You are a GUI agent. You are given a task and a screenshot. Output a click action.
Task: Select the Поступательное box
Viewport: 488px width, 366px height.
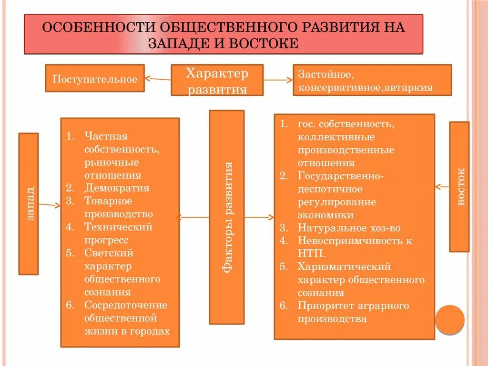(95, 79)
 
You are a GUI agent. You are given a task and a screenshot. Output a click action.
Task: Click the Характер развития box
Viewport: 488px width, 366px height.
(217, 80)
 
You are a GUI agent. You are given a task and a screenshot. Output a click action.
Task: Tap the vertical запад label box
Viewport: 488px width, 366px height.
(29, 203)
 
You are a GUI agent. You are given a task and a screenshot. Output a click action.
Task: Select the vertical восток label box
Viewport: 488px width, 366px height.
(459, 186)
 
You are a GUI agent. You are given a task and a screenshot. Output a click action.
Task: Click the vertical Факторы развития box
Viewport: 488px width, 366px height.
(227, 217)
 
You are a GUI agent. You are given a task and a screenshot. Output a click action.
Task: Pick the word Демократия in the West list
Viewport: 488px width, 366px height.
(117, 188)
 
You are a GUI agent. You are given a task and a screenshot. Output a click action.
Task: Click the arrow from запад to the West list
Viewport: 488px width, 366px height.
(50, 205)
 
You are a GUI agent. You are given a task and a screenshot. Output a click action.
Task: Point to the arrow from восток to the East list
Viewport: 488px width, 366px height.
(442, 187)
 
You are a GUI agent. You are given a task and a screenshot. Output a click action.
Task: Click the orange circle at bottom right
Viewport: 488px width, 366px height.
(449, 319)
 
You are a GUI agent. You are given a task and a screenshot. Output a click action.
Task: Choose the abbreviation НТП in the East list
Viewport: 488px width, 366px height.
(312, 254)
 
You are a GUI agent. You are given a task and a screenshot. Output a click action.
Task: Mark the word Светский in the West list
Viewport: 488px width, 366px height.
(109, 253)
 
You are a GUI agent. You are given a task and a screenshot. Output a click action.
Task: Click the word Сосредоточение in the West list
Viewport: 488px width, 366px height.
(126, 305)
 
